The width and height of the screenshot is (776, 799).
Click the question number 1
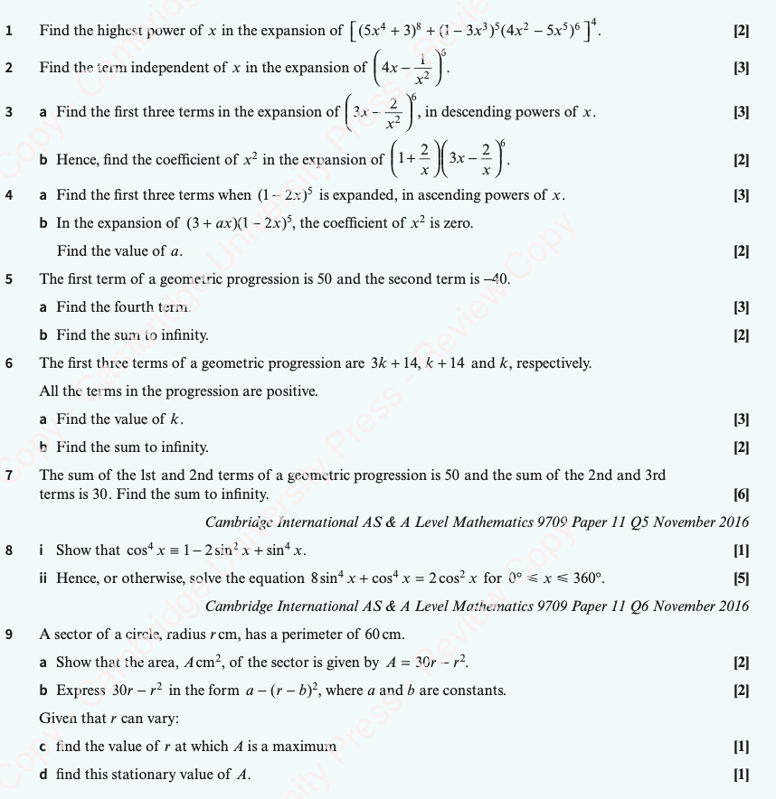click(x=8, y=31)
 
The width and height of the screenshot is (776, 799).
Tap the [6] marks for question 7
click(x=742, y=494)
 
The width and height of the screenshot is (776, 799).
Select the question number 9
click(x=8, y=634)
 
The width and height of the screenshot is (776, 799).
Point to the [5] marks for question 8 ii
click(x=742, y=578)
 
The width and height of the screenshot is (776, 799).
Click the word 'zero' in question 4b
click(x=457, y=223)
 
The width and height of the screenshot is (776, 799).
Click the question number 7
click(x=8, y=475)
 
